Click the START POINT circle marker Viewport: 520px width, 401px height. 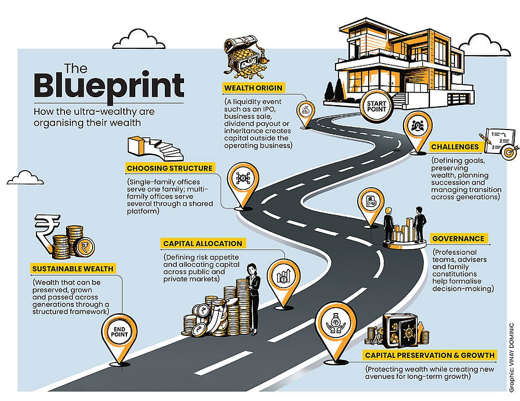point(376,106)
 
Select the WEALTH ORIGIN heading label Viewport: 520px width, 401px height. point(253,88)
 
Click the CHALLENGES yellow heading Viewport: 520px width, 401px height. point(455,147)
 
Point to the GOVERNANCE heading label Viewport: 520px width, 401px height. point(458,239)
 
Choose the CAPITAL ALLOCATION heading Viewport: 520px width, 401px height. point(203,243)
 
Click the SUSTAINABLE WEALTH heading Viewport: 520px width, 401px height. point(73,269)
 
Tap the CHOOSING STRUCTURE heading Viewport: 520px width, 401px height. point(170,168)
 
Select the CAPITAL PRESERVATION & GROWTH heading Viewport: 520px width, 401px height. point(430,355)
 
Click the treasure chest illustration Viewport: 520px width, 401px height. point(244,57)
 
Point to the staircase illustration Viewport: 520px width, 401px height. point(155,149)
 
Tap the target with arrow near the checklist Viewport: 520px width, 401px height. point(509,152)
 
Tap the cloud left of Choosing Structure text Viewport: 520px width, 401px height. point(25,178)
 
